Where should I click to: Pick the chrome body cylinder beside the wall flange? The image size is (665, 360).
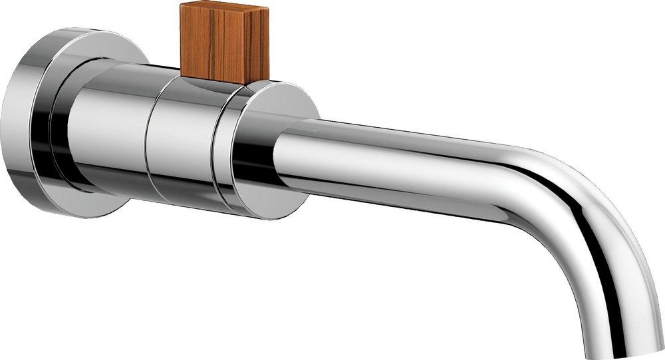click(106, 133)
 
